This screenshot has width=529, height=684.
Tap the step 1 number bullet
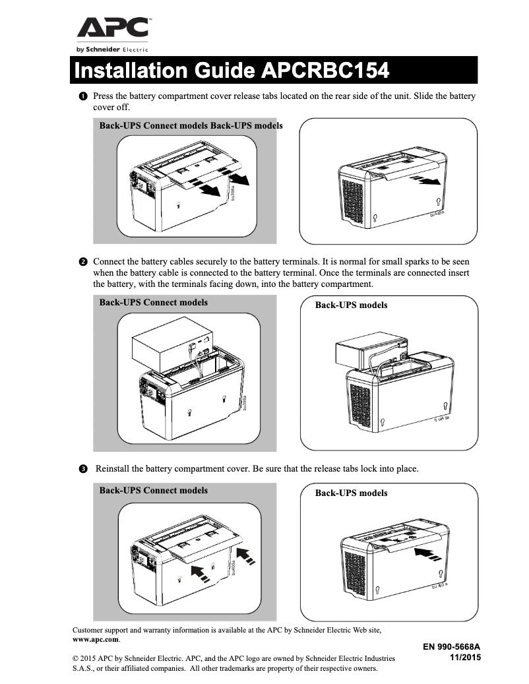pyautogui.click(x=82, y=96)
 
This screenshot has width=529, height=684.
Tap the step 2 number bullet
pyautogui.click(x=82, y=262)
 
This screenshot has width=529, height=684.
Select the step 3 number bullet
pyautogui.click(x=82, y=469)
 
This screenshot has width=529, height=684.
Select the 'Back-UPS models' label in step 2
pyautogui.click(x=351, y=305)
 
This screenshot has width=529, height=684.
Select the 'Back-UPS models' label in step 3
pyautogui.click(x=351, y=493)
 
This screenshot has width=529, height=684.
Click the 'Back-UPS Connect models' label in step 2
pyautogui.click(x=153, y=303)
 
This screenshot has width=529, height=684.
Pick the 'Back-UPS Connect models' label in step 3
pyautogui.click(x=153, y=490)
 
